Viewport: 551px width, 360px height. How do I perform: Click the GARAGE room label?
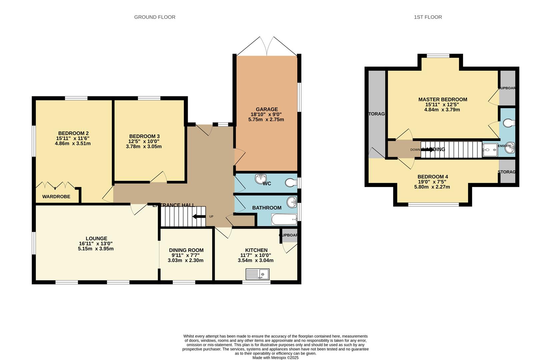[266, 109]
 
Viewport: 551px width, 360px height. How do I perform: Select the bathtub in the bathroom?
[284, 220]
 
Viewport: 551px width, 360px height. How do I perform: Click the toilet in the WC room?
[291, 183]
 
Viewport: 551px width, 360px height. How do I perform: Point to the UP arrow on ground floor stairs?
[199, 217]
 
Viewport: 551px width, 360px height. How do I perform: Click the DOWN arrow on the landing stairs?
[427, 150]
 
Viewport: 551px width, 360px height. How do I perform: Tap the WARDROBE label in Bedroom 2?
[56, 197]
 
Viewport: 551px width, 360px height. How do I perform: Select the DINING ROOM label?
[186, 250]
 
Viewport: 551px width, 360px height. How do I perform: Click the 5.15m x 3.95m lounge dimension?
[96, 249]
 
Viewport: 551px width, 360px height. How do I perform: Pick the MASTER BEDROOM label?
[442, 99]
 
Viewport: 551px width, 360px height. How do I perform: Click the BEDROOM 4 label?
[432, 177]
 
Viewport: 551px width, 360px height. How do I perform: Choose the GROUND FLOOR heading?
[154, 17]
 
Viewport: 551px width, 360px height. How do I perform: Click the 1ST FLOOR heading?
[428, 17]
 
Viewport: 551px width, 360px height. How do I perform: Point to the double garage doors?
[267, 47]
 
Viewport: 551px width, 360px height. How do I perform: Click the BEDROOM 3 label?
[144, 136]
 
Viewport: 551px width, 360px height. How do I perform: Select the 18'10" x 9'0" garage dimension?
[266, 114]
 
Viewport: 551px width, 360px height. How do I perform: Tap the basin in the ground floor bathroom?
[292, 201]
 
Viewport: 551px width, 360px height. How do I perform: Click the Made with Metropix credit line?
[275, 358]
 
